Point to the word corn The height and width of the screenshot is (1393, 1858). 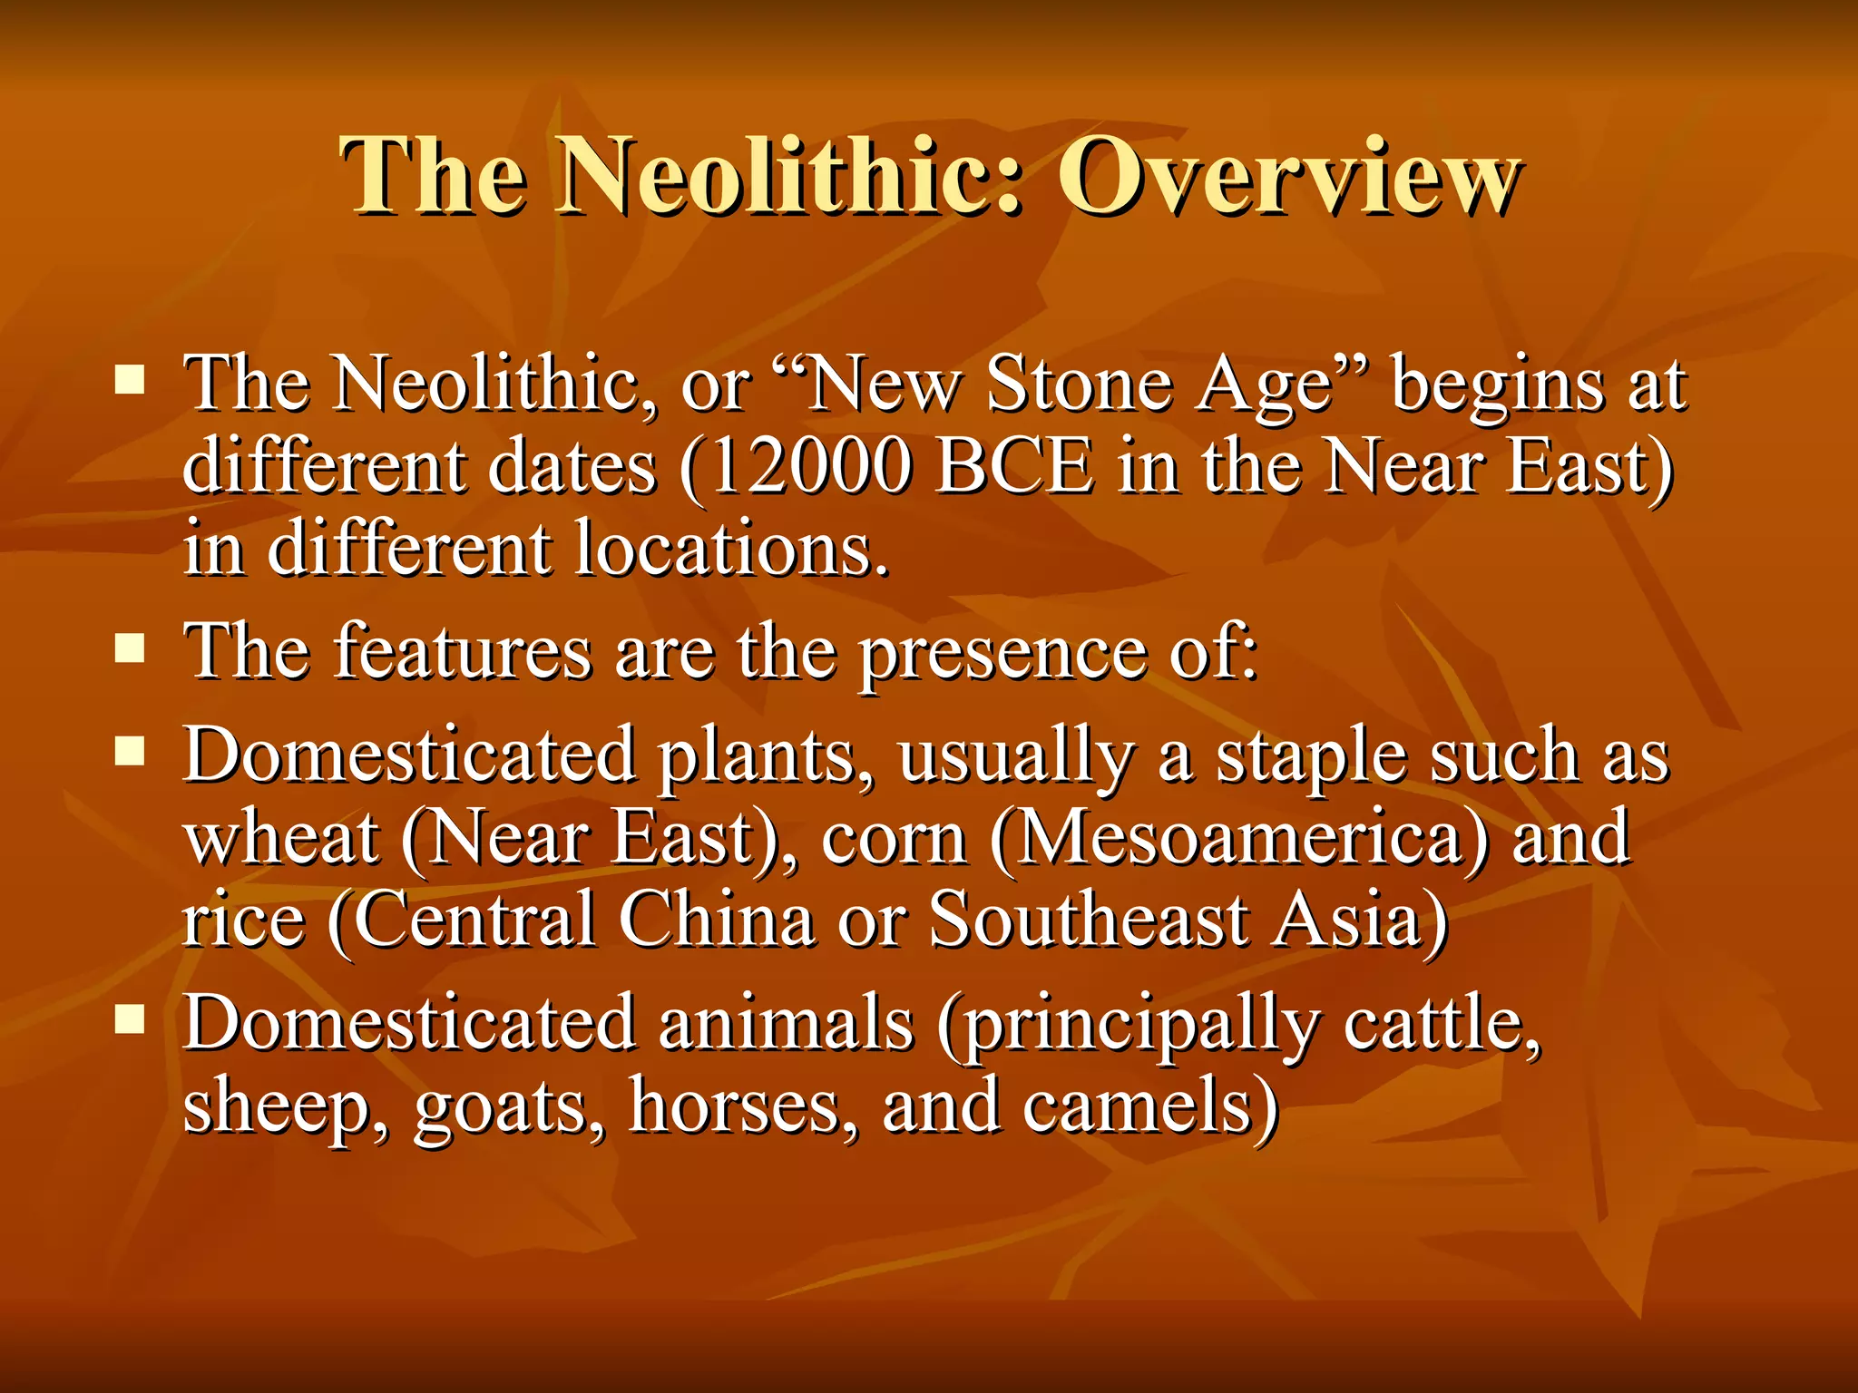[x=894, y=840]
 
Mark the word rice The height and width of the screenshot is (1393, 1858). [x=243, y=920]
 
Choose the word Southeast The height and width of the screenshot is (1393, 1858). [x=1089, y=920]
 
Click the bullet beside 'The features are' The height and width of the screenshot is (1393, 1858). [x=131, y=649]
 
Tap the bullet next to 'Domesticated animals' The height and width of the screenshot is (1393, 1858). [x=131, y=1019]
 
